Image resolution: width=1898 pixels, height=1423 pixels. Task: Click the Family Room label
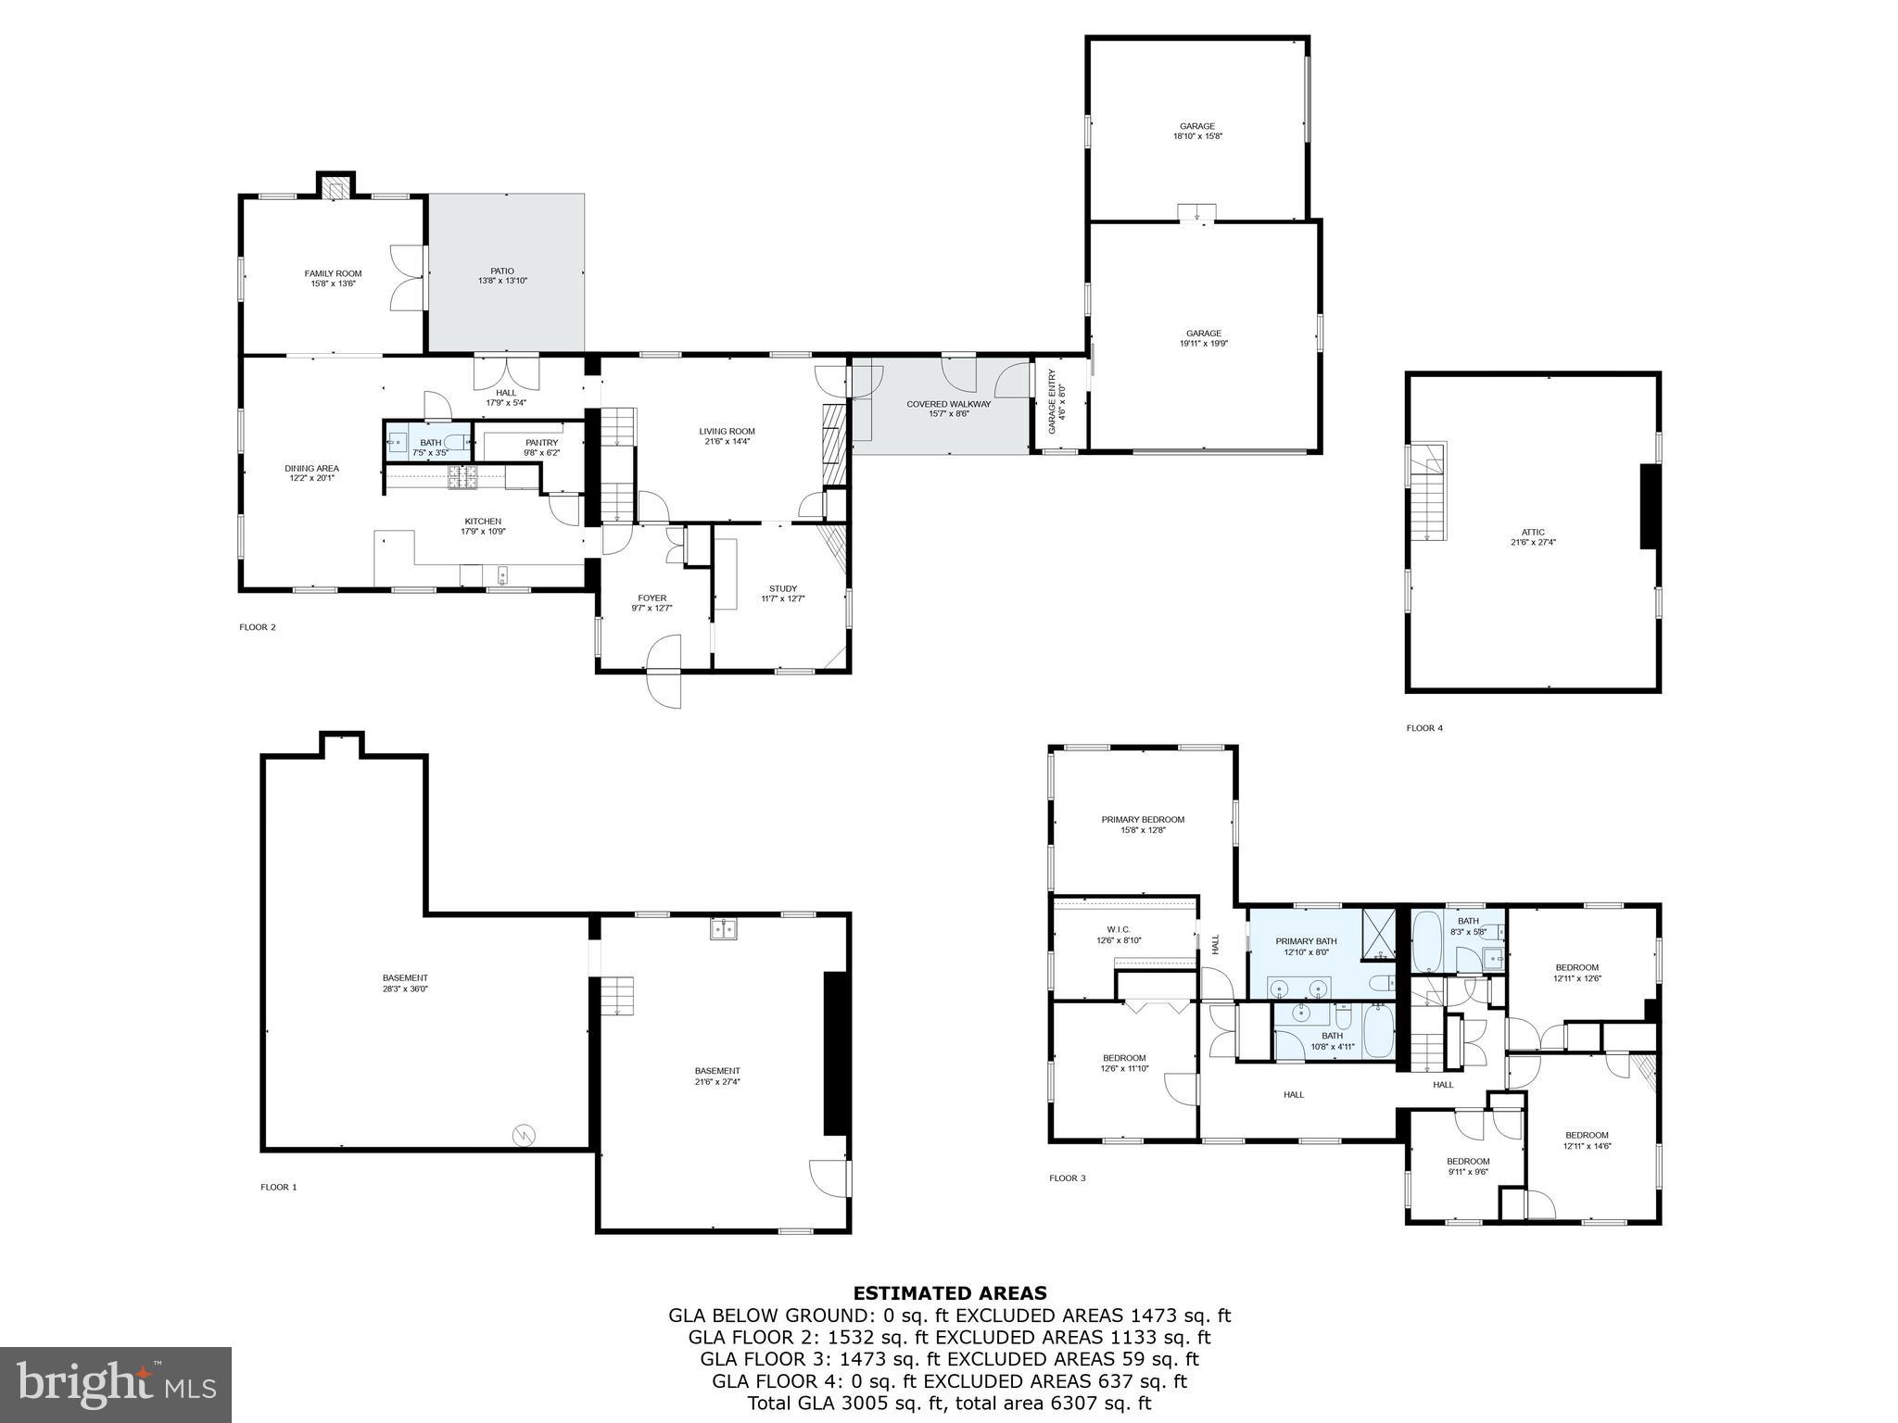point(333,278)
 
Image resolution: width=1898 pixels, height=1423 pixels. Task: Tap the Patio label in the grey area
point(502,275)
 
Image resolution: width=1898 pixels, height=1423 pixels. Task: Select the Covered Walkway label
point(935,409)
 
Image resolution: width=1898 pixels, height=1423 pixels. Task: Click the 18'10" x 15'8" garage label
point(1196,131)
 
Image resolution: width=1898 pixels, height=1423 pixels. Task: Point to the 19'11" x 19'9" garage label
point(1203,338)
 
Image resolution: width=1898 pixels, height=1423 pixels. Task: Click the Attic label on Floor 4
point(1533,536)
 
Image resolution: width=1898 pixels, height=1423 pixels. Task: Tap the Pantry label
point(541,447)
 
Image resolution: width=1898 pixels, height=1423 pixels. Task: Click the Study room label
point(782,593)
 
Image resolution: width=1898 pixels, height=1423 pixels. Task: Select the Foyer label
point(652,602)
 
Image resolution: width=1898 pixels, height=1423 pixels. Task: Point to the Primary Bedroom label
point(1142,825)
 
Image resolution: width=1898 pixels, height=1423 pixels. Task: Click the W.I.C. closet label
point(1119,935)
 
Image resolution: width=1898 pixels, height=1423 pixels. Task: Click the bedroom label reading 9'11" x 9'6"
point(1468,1165)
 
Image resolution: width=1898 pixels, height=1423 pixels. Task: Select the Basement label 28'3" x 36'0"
point(405,983)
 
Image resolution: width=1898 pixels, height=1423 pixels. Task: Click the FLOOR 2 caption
point(258,627)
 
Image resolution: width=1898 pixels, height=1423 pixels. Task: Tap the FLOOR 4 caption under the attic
point(1424,728)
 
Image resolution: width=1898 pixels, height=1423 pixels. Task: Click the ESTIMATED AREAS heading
point(949,1293)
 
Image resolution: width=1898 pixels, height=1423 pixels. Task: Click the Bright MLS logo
point(116,1385)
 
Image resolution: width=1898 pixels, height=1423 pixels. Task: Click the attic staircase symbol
point(1427,492)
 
